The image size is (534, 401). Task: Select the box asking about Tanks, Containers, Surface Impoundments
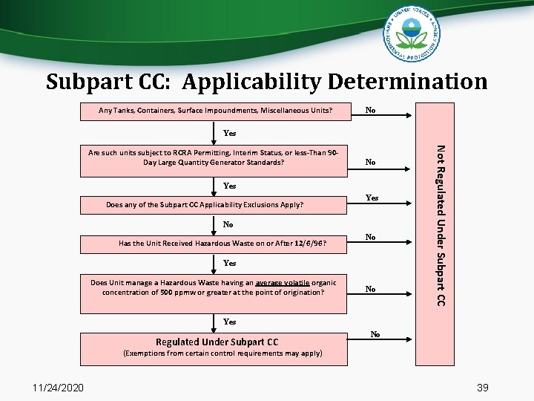pos(216,111)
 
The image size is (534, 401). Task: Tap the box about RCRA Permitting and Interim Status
pos(214,157)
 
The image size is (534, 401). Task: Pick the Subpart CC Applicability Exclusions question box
pos(216,203)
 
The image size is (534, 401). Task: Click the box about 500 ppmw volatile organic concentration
pos(214,287)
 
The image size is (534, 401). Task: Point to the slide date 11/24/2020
pos(59,387)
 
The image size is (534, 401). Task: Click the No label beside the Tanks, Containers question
pos(370,111)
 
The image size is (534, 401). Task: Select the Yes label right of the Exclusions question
pos(372,198)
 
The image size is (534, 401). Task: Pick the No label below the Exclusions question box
pos(228,224)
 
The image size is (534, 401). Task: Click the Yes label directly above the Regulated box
pos(229,322)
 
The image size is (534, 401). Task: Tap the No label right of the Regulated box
pos(375,335)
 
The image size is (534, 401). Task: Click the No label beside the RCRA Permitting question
pos(370,162)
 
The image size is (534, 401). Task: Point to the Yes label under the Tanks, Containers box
pos(229,134)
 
